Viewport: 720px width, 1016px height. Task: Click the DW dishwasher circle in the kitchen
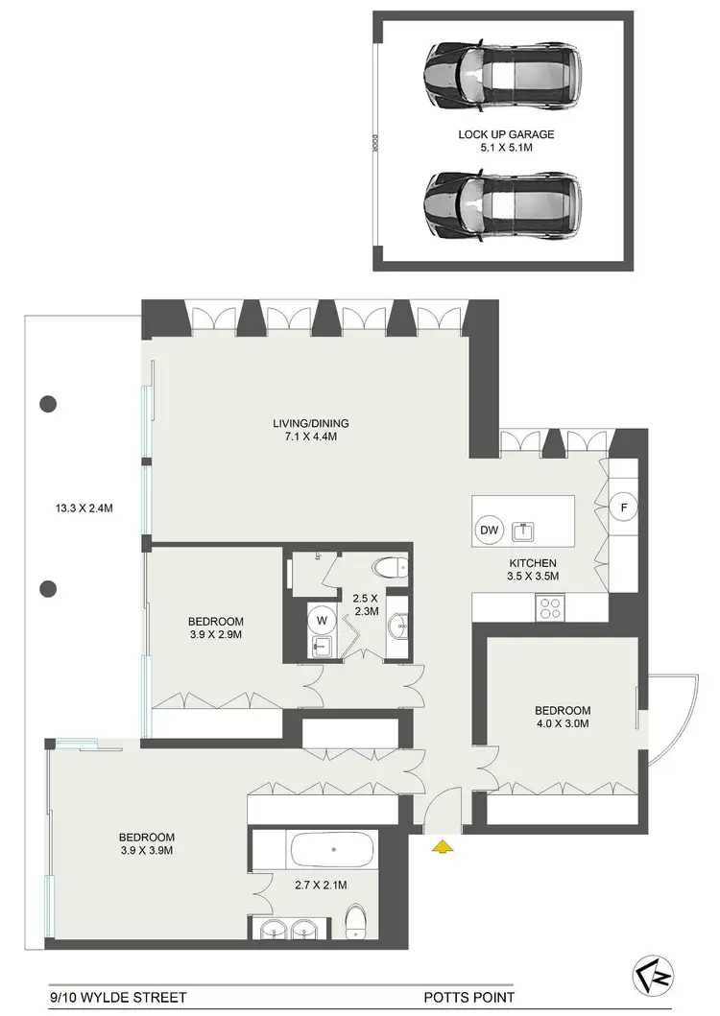(x=488, y=530)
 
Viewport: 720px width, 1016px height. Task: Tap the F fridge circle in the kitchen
(x=622, y=506)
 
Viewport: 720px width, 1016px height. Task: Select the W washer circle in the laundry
(x=322, y=619)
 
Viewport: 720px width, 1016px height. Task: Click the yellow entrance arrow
(x=442, y=845)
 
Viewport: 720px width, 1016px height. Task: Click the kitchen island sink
(x=524, y=530)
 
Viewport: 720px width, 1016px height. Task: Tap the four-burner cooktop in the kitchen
(x=551, y=606)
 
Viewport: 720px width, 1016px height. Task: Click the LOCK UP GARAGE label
(x=506, y=135)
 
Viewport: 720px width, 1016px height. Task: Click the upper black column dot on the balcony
(x=48, y=404)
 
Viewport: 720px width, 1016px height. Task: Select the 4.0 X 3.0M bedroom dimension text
(x=563, y=724)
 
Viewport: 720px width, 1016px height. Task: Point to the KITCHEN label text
(x=532, y=563)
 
